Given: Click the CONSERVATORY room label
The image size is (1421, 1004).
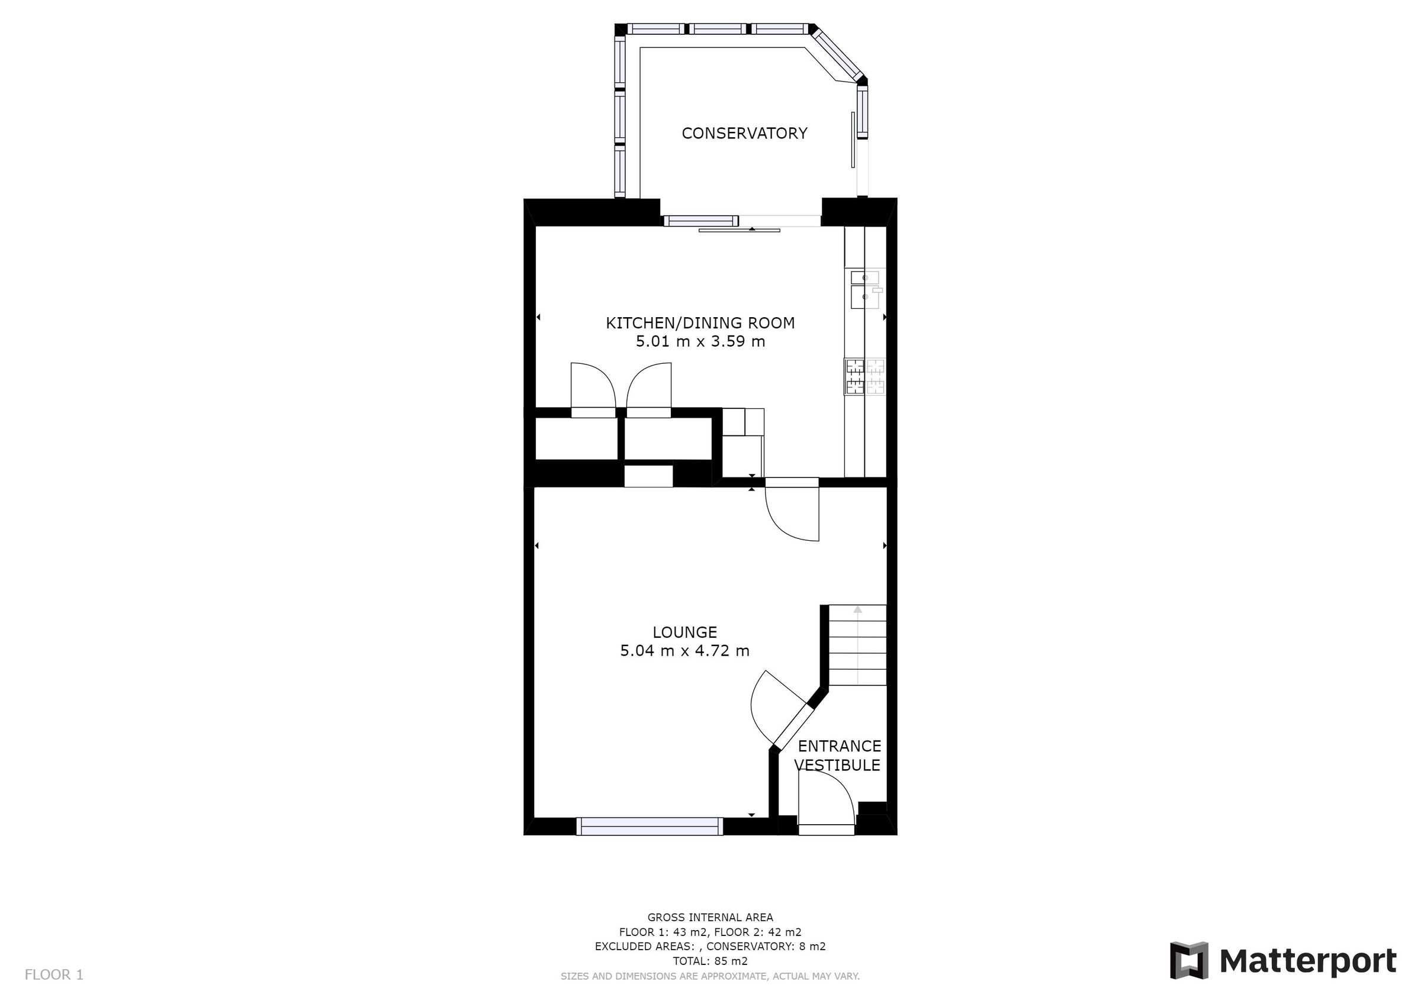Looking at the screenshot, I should click(744, 133).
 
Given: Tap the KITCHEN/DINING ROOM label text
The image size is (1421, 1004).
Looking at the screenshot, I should click(700, 322).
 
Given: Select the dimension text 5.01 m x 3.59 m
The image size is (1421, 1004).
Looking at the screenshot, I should click(700, 341).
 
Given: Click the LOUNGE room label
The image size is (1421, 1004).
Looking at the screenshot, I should click(684, 632).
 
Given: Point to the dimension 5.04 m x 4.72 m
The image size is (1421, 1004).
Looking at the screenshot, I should click(684, 651).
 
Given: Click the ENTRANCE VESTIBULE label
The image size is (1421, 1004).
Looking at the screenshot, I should click(838, 756).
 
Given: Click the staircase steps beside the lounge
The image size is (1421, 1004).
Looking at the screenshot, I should click(857, 647).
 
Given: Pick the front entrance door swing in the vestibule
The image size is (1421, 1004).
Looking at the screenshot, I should click(826, 801).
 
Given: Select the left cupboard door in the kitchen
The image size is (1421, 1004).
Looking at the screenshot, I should click(592, 388).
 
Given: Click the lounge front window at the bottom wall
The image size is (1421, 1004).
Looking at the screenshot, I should click(650, 826).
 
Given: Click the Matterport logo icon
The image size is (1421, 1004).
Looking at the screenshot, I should click(1188, 961).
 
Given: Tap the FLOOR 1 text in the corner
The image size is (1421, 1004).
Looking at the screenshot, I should click(54, 975).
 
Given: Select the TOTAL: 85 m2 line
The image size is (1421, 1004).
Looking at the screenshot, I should click(710, 961).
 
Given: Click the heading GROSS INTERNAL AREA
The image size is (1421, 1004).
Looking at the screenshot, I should click(710, 918).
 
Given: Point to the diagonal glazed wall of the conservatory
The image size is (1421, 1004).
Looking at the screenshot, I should click(838, 54).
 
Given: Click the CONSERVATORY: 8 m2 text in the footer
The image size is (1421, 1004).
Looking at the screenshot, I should click(766, 947).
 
